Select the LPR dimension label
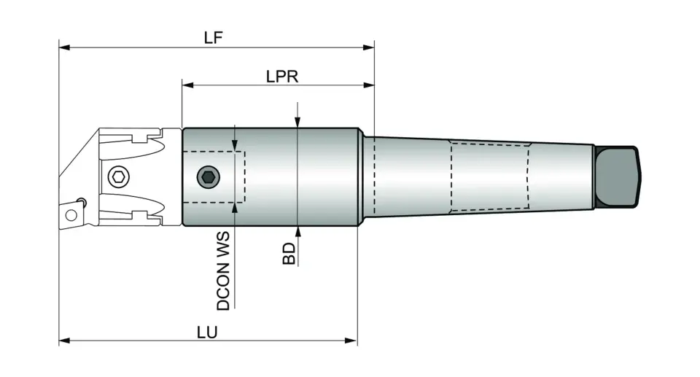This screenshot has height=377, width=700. click(x=282, y=76)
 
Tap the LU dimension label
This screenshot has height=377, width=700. click(x=208, y=331)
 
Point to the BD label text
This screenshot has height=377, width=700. click(x=289, y=253)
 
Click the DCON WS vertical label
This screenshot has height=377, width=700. click(x=224, y=271)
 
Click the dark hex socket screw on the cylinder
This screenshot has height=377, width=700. click(x=209, y=176)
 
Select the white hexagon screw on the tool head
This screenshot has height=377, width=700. click(x=117, y=176)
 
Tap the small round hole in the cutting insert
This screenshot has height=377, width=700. click(x=71, y=214)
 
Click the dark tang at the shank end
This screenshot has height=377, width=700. click(x=618, y=176)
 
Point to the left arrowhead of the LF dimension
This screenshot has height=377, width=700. click(x=64, y=48)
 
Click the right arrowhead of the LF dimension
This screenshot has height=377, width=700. click(x=369, y=48)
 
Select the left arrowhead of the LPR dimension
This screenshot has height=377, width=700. click(x=187, y=85)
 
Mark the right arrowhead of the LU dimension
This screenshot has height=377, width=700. click(x=352, y=341)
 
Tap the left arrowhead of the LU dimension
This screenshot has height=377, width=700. click(x=64, y=341)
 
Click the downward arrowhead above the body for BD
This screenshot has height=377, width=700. click(x=297, y=123)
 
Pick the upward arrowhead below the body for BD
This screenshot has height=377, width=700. click(x=297, y=232)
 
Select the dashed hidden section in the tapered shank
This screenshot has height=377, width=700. click(x=489, y=177)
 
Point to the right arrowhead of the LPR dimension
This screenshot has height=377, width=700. click(x=369, y=85)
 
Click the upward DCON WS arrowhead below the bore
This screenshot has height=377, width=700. click(x=234, y=209)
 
